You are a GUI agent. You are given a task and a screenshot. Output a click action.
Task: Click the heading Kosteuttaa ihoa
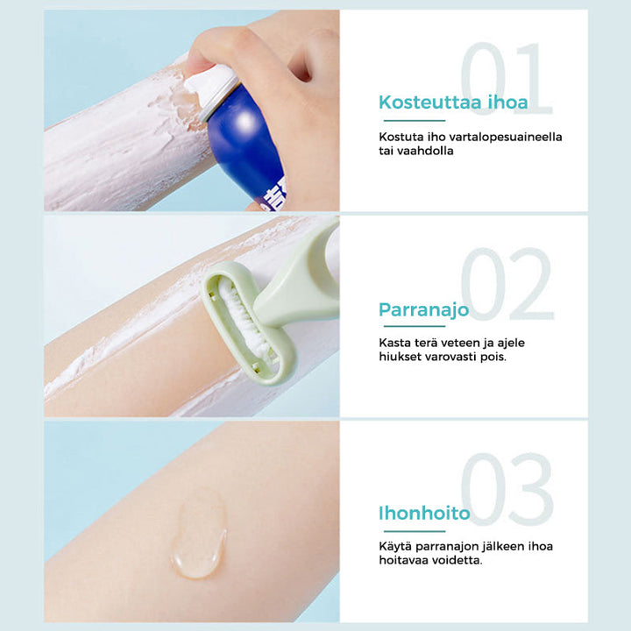click(x=453, y=103)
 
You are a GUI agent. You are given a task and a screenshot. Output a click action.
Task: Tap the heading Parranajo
click(x=424, y=310)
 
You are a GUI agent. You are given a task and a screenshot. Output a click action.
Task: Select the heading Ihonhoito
click(x=424, y=513)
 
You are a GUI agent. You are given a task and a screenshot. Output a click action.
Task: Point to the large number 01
click(x=507, y=79)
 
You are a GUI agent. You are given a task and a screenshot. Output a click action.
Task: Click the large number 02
click(x=507, y=284)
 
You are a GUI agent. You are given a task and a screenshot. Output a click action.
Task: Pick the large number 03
click(x=507, y=488)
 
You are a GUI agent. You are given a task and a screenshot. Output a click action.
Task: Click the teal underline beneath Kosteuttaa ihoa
click(x=414, y=120)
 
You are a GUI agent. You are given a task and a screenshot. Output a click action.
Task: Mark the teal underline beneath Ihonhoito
click(x=414, y=531)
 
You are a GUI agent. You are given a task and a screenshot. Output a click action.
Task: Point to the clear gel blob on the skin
click(x=199, y=533)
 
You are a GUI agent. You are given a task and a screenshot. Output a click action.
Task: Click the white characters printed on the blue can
click(x=273, y=196)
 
